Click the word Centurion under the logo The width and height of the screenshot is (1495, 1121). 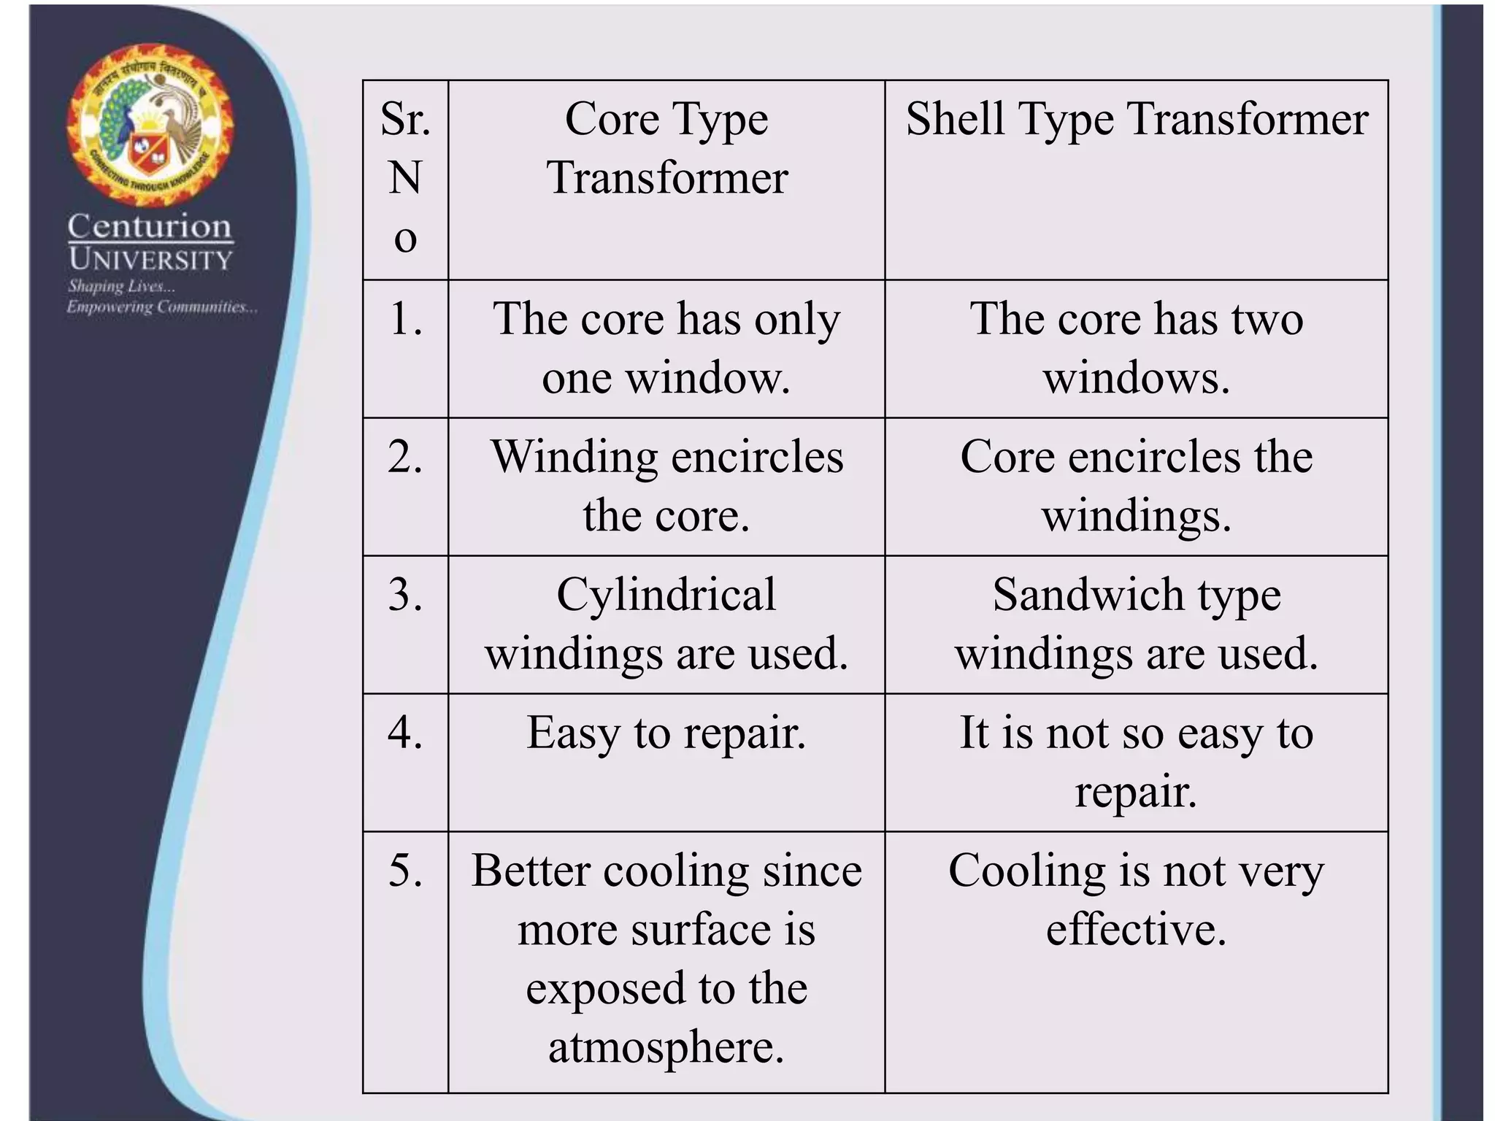(150, 226)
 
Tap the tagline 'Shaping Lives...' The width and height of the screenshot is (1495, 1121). (121, 286)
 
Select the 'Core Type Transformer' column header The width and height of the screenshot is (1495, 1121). (666, 148)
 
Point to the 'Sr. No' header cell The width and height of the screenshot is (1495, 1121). (405, 178)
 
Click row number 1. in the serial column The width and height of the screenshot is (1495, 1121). (405, 319)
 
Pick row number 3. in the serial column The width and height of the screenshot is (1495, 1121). (405, 595)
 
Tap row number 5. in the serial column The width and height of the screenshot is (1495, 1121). (405, 871)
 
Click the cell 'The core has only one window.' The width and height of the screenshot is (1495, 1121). (666, 348)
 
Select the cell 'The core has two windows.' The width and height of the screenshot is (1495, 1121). (1137, 348)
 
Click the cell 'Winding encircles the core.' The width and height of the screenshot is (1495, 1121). (666, 486)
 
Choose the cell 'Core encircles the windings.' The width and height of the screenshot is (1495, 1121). (1137, 486)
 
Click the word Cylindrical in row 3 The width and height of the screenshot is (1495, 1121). (666, 595)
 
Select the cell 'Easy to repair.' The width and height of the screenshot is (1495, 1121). (666, 733)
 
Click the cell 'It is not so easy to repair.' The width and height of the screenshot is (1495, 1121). (1137, 762)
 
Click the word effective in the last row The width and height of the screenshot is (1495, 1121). (1136, 930)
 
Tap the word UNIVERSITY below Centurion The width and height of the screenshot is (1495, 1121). (150, 260)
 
